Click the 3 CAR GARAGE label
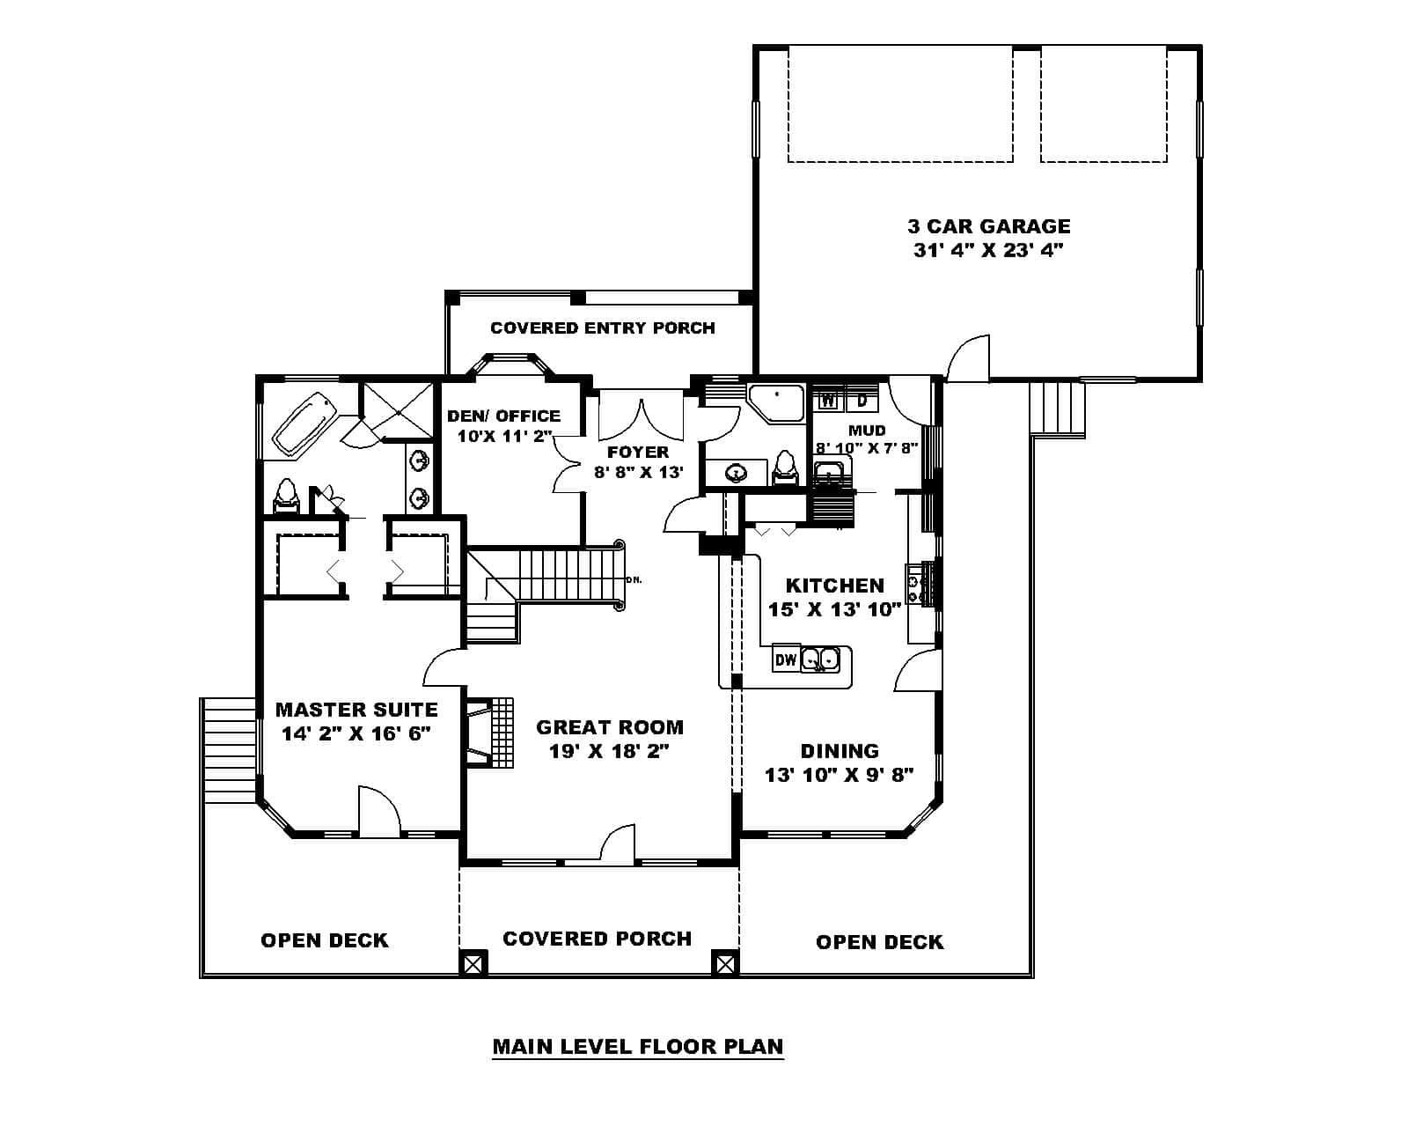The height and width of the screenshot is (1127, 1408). pos(989,226)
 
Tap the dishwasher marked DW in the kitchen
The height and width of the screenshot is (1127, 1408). pos(785,659)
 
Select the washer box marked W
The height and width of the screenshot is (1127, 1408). pos(828,401)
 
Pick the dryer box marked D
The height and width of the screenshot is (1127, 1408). pos(862,401)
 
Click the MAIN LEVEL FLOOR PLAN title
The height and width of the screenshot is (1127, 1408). pos(637,1046)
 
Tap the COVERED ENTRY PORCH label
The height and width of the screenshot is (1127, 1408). pos(602,328)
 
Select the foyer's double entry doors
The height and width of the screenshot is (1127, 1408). pos(641,419)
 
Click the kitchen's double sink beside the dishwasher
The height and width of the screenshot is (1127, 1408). pos(820,659)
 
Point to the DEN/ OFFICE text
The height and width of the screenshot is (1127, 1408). pos(503,416)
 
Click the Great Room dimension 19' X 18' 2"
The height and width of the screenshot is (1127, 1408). pos(609,751)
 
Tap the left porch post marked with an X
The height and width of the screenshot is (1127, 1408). pos(473,962)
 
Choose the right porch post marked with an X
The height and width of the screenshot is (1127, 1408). pos(725,962)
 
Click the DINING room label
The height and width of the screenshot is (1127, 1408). pos(839,751)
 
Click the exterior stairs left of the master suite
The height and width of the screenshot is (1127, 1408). pos(228,748)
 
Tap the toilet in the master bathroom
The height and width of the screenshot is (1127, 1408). pos(286,496)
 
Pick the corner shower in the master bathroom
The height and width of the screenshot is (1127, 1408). pos(398,409)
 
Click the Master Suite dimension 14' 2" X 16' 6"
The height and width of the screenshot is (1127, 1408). pos(356,733)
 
